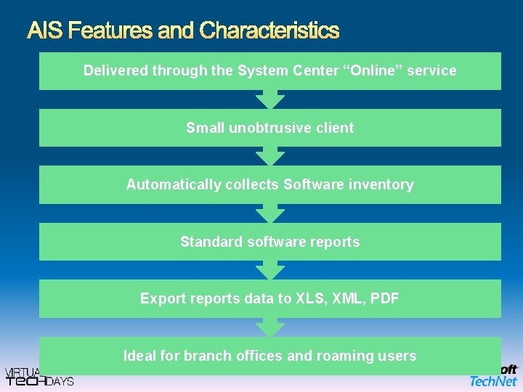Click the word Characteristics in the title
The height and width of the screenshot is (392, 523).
click(x=269, y=30)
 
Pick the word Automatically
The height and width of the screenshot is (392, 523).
click(x=173, y=184)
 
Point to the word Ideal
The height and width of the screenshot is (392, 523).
click(x=139, y=356)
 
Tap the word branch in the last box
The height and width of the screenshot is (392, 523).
click(x=206, y=356)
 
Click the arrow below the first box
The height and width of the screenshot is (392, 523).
click(x=270, y=99)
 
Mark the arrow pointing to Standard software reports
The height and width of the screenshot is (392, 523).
click(x=270, y=213)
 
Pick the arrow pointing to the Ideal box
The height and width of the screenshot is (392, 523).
click(x=270, y=327)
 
